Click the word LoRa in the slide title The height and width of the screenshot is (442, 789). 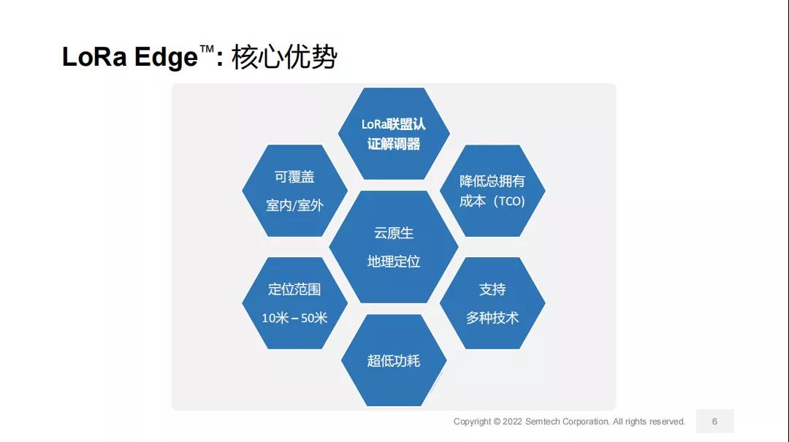[94, 56]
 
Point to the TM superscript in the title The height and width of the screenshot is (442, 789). [206, 50]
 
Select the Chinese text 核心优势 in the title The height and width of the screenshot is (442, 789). [283, 57]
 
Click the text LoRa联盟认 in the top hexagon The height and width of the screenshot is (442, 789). [394, 124]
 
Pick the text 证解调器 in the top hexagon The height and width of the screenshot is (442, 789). [394, 144]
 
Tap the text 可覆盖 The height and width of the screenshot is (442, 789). [294, 177]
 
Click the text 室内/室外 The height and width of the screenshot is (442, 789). [294, 205]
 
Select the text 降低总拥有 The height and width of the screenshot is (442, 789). [492, 180]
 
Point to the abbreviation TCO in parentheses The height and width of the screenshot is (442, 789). [509, 202]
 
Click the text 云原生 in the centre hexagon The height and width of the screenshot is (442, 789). [394, 233]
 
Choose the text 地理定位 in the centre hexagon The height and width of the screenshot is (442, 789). [394, 262]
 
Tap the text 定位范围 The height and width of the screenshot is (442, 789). [294, 289]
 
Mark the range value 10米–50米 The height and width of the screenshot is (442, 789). [294, 318]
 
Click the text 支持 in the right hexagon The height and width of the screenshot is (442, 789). [492, 289]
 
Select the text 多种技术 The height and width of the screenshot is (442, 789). [492, 318]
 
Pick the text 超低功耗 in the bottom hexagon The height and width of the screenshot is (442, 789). [394, 360]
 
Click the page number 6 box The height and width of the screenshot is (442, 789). [714, 421]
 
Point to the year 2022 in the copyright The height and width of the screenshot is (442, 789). [512, 422]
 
